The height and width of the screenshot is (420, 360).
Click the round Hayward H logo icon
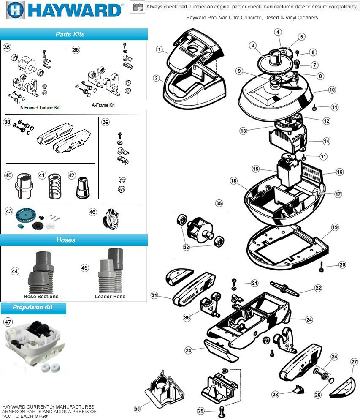[15, 10]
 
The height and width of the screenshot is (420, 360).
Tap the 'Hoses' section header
[66, 240]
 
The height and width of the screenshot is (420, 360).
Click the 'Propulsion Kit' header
[32, 307]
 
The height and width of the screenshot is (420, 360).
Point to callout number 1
[159, 49]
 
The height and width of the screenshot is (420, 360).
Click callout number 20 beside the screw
[342, 265]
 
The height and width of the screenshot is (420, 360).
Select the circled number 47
[8, 322]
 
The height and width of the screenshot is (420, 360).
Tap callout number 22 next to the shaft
[318, 288]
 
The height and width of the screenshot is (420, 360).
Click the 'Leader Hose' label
[110, 297]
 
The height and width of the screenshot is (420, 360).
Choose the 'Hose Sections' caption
[41, 297]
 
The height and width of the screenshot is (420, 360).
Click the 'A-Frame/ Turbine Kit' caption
[40, 108]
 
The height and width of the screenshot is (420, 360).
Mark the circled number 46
[92, 212]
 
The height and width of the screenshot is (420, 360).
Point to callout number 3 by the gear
[252, 45]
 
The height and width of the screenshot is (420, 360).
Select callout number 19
[335, 227]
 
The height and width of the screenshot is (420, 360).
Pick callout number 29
[201, 411]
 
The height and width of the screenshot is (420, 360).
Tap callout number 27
[354, 362]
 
